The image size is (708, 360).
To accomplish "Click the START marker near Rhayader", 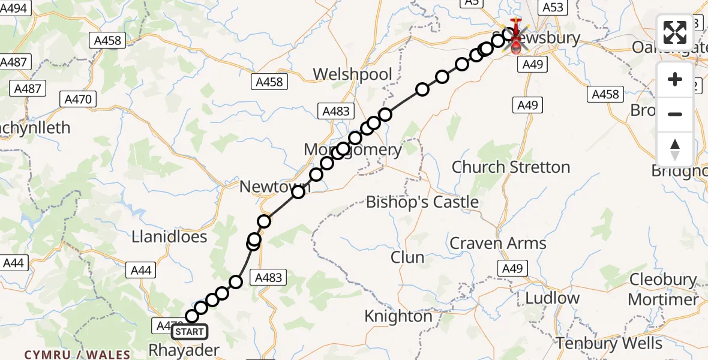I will point(190,331).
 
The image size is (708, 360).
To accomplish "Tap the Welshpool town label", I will point(353,74).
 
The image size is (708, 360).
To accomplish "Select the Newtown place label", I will point(275,187).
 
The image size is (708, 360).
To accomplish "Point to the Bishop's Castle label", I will point(422,202).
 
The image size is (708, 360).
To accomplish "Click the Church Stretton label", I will point(511,167).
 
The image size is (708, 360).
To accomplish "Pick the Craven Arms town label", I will point(498,243).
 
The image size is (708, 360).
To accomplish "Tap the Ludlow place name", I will point(552,298).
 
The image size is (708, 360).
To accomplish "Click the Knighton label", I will point(398,316).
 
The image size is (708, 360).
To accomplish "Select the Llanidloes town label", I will point(169,236).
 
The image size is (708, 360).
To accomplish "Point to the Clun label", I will point(407,257).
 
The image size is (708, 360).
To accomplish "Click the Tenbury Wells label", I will point(609,344).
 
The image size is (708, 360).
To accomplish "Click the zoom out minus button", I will point(675,114).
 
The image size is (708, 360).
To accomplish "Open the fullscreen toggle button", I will point(675,32).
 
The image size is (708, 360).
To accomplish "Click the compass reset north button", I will point(675,149).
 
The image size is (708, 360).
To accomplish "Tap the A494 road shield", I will point(14,8).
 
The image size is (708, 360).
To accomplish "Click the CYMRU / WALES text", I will point(77,355).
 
